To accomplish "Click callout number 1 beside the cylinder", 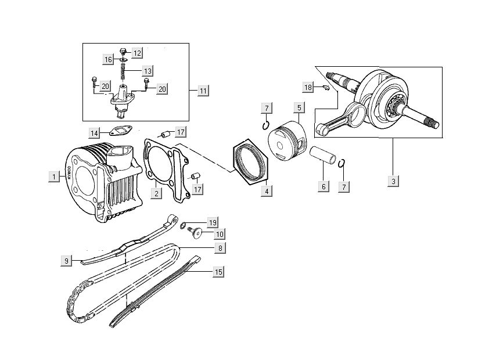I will click(53, 177).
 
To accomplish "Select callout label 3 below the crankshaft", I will click(393, 181).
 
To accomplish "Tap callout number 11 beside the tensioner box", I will click(203, 91).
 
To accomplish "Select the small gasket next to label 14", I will click(120, 132).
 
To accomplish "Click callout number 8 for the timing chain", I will click(220, 248).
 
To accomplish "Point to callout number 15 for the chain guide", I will click(218, 272).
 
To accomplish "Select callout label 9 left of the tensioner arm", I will click(67, 261).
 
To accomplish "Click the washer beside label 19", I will click(184, 225).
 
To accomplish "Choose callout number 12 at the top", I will click(136, 53).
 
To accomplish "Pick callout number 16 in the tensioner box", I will click(108, 59).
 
